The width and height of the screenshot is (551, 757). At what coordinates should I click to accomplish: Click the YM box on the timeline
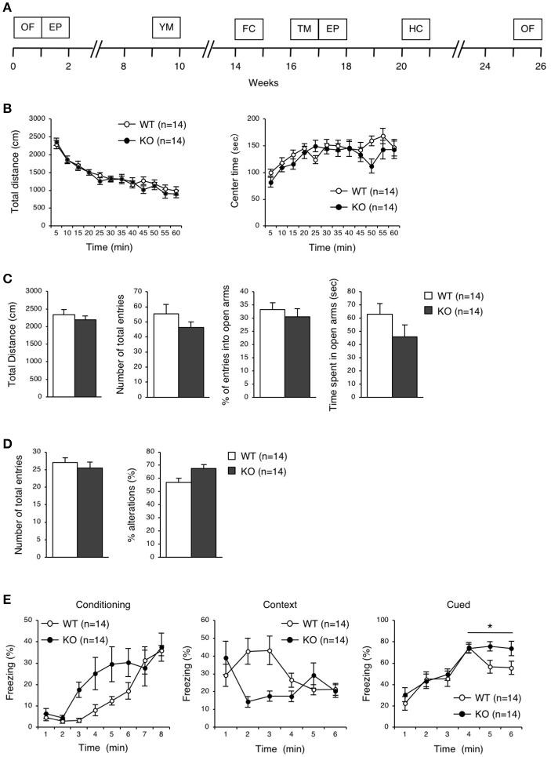[165, 28]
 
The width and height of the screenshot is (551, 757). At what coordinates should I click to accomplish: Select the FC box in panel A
[248, 28]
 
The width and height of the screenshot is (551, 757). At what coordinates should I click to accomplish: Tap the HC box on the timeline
[415, 28]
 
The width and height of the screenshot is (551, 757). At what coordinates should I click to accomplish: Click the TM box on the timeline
[303, 28]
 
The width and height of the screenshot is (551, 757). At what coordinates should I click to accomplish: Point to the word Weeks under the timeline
[263, 82]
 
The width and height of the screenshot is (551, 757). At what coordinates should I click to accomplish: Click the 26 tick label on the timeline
[539, 67]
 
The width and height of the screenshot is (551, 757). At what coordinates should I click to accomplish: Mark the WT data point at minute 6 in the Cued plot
[512, 668]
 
